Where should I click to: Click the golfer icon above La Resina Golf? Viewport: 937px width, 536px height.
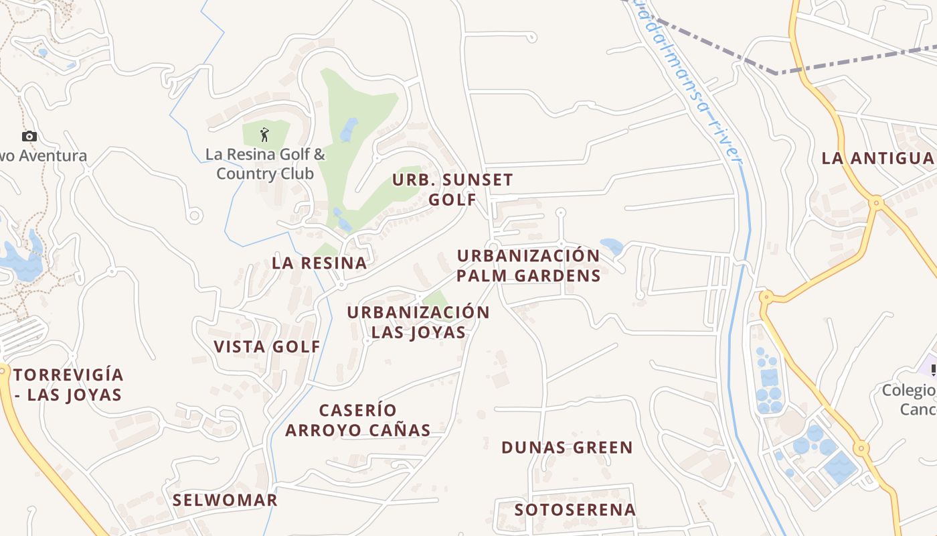click(264, 135)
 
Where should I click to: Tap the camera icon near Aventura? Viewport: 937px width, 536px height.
click(29, 137)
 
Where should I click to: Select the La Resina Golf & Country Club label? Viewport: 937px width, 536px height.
click(265, 164)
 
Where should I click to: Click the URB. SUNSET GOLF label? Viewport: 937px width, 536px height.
click(452, 190)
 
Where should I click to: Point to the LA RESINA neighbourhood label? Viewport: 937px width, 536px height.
click(319, 263)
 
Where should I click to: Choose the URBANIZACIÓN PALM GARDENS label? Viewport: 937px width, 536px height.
click(528, 265)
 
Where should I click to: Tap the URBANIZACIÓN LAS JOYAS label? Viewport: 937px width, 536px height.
click(418, 322)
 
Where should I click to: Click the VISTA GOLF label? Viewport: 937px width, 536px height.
click(267, 346)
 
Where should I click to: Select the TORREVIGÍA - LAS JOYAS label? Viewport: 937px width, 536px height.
click(68, 385)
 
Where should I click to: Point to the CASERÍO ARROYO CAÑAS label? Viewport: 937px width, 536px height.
click(358, 420)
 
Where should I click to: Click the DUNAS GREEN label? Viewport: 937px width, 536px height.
click(567, 448)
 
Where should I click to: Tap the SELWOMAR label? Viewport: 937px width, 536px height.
click(225, 500)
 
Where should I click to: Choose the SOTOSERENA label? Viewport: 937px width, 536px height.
click(575, 509)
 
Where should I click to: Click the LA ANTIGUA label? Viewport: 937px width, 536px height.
click(877, 158)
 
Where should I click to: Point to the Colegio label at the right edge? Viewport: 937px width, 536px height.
click(909, 399)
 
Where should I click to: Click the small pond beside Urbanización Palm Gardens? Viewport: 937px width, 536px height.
click(612, 246)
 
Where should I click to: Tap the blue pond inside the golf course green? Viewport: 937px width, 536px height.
click(349, 129)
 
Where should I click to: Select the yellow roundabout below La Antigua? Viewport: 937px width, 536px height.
click(875, 201)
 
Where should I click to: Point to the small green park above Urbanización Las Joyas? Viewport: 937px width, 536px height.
click(436, 299)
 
